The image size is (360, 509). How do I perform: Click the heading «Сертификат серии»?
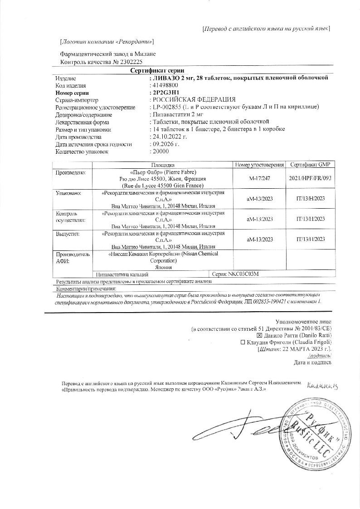coord(157,70)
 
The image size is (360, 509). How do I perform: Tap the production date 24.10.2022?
coord(169,137)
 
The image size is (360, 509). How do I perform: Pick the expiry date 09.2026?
coord(166,144)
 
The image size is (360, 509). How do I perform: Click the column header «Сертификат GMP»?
coord(311,165)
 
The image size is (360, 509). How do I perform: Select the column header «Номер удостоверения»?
coord(260,165)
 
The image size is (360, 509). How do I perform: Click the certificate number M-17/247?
coord(260,178)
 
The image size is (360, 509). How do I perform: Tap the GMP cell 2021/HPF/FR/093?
coord(311,178)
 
